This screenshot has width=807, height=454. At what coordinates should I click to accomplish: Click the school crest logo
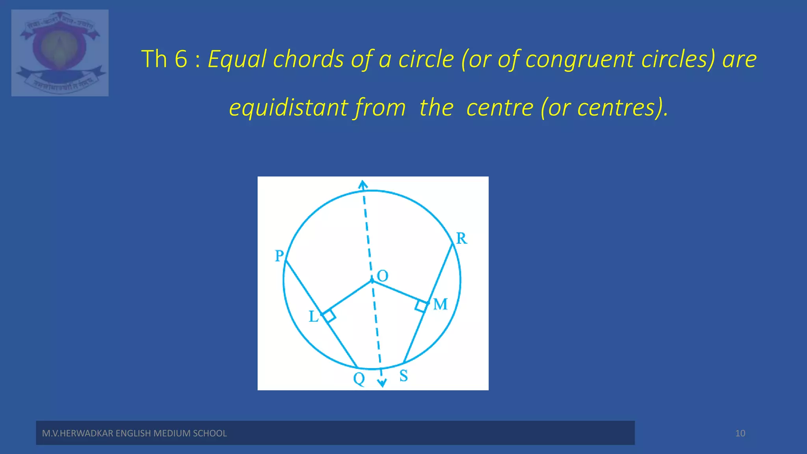(x=60, y=53)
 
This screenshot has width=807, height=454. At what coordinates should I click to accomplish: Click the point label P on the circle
(x=279, y=256)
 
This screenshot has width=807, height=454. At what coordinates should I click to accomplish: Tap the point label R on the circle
(x=461, y=238)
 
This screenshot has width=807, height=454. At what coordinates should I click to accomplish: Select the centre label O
(x=382, y=276)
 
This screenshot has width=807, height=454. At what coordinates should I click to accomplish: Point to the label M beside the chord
(x=440, y=304)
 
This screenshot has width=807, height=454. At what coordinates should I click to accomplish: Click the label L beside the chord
(x=313, y=316)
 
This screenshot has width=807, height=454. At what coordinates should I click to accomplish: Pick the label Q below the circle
(x=359, y=379)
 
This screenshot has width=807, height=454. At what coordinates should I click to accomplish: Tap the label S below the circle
(x=403, y=376)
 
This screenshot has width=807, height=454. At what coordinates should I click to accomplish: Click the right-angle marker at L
(x=329, y=316)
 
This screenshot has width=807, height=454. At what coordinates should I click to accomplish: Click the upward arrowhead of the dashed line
(x=363, y=184)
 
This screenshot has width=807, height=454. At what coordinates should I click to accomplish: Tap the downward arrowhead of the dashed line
(x=382, y=383)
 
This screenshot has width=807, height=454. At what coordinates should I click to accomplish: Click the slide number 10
(x=740, y=434)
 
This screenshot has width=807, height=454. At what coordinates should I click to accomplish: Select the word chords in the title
(x=309, y=59)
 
